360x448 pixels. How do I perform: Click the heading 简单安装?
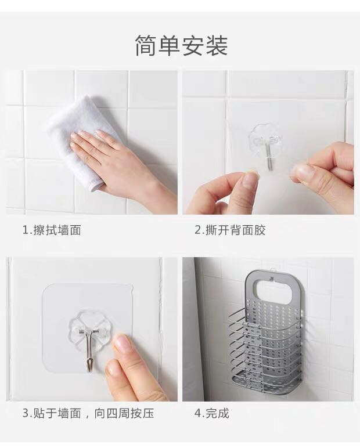181,45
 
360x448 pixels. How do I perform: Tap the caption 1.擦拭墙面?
52,230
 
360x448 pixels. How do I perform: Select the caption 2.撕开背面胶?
230,230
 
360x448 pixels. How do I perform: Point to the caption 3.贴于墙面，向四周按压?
88,413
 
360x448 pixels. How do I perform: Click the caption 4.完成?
212,413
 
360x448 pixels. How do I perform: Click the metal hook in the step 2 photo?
269,156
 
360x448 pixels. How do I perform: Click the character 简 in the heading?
146,45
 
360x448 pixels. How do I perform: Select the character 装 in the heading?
217,45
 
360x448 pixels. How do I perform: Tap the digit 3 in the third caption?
26,413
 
